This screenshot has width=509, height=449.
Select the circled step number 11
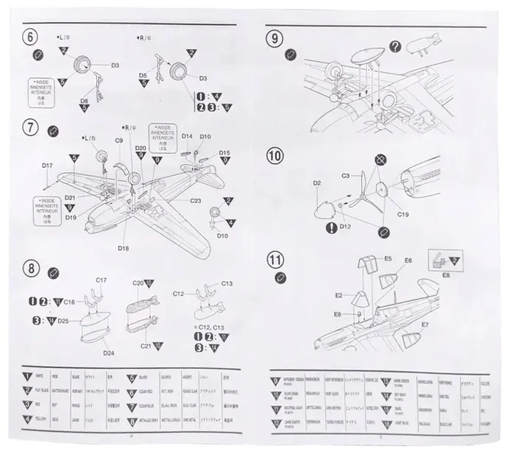pyautogui.click(x=275, y=260)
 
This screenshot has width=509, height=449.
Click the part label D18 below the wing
pyautogui.click(x=122, y=248)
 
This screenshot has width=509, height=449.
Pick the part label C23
pyautogui.click(x=195, y=200)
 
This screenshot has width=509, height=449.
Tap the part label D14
pyautogui.click(x=187, y=137)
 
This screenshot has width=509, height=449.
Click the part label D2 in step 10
pyautogui.click(x=317, y=183)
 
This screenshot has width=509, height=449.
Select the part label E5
pyautogui.click(x=388, y=258)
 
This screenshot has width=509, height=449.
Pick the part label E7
pyautogui.click(x=425, y=324)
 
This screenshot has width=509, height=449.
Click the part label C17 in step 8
pyautogui.click(x=102, y=280)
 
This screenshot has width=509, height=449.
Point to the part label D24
pyautogui.click(x=108, y=353)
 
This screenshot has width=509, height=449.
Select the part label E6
pyautogui.click(x=408, y=260)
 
